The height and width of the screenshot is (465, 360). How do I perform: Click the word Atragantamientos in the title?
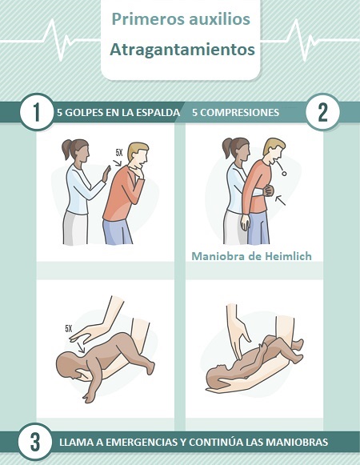click(x=182, y=50)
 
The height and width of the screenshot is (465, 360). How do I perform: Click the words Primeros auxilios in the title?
click(x=182, y=19)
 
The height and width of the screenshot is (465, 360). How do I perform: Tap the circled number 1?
click(x=31, y=112)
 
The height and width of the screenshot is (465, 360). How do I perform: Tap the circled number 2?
click(x=323, y=112)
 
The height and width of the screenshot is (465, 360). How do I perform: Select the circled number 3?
click(x=31, y=442)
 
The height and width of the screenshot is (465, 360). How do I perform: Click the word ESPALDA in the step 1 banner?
click(x=158, y=113)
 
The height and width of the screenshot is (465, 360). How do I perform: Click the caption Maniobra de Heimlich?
click(x=251, y=257)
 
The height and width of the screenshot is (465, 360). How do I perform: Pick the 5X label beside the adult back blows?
click(x=118, y=151)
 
